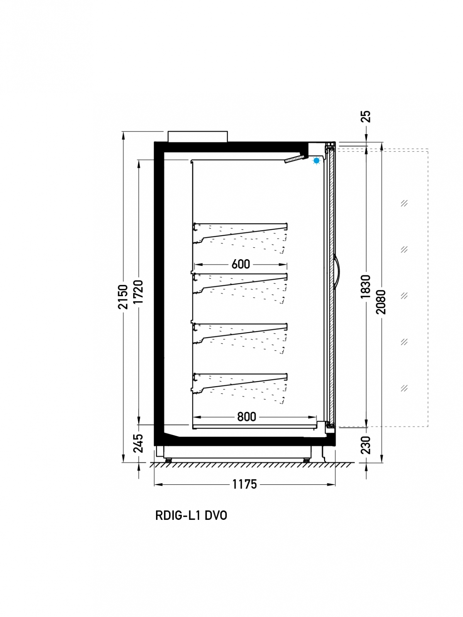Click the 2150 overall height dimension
click(123, 297)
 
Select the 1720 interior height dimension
click(138, 292)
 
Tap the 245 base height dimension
click(138, 443)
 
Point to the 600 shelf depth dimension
click(241, 264)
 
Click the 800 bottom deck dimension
click(246, 416)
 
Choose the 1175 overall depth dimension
click(244, 484)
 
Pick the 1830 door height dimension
click(366, 287)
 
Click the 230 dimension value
click(366, 445)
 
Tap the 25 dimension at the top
click(366, 116)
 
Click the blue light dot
click(317, 161)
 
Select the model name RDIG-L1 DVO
click(191, 516)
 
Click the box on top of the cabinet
click(198, 137)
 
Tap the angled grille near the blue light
click(294, 159)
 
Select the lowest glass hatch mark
click(404, 388)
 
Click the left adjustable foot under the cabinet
click(168, 460)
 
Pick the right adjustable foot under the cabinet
click(306, 460)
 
